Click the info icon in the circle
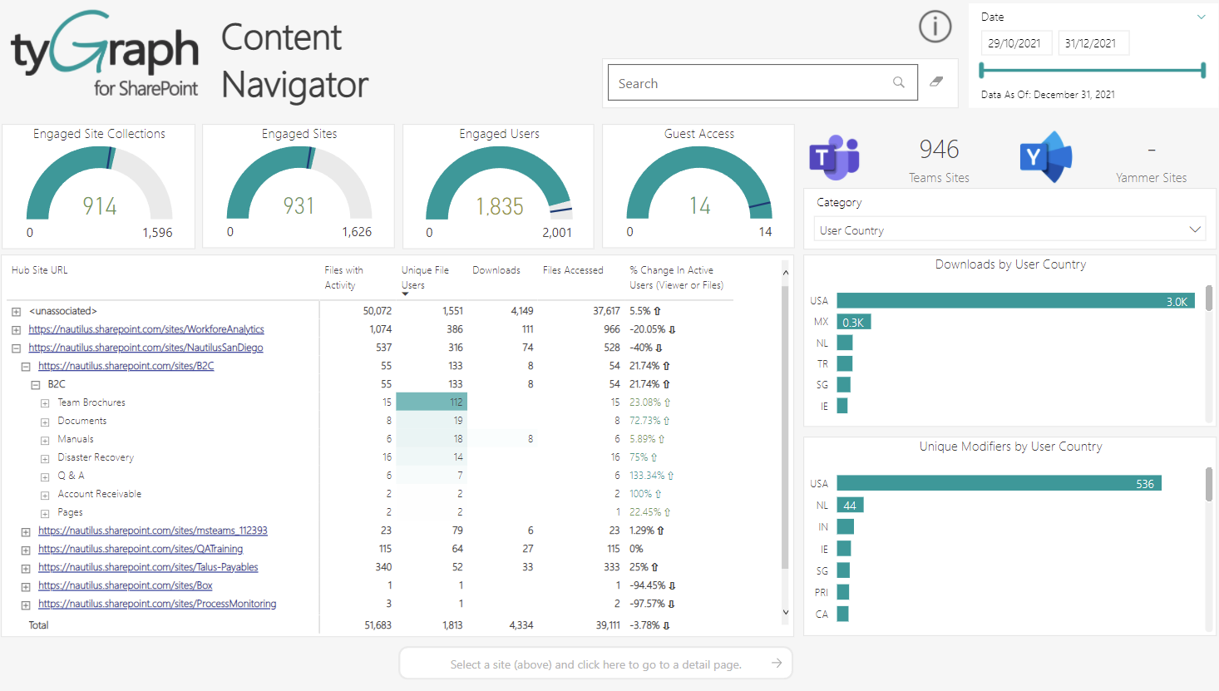pyautogui.click(x=935, y=27)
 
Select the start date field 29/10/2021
pyautogui.click(x=1015, y=43)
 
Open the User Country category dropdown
pyautogui.click(x=1009, y=230)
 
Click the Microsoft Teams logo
pyautogui.click(x=834, y=156)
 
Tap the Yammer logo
pyautogui.click(x=1045, y=156)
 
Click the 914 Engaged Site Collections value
pyautogui.click(x=100, y=206)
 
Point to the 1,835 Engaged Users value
pyautogui.click(x=499, y=206)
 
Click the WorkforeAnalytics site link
pyautogui.click(x=146, y=329)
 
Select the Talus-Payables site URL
pyautogui.click(x=148, y=567)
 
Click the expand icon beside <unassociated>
pyautogui.click(x=16, y=312)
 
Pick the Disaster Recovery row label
pyautogui.click(x=96, y=457)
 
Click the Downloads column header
pyautogui.click(x=496, y=270)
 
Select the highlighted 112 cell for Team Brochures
pyautogui.click(x=432, y=402)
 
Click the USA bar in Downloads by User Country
pyautogui.click(x=1014, y=301)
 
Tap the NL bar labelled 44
pyautogui.click(x=850, y=505)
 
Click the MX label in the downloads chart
pyautogui.click(x=821, y=322)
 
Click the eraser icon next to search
pyautogui.click(x=936, y=81)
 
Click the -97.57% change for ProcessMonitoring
pyautogui.click(x=652, y=604)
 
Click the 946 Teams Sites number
pyautogui.click(x=939, y=150)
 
